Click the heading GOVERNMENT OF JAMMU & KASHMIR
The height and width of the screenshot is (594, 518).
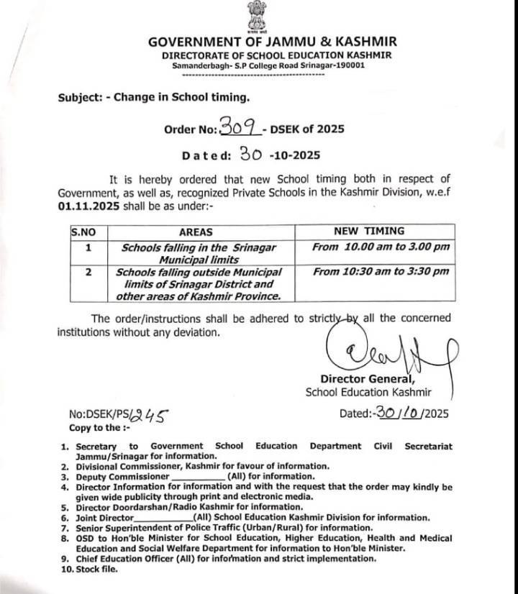coord(272,42)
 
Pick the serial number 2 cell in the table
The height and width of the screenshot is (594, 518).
coord(88,273)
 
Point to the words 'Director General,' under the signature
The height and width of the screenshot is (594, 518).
coord(367,380)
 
